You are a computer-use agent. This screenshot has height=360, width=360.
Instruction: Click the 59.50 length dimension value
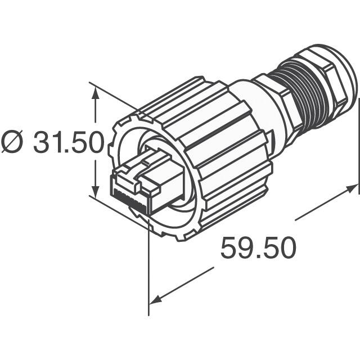258,248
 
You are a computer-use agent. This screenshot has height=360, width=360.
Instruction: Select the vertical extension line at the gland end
358,146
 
